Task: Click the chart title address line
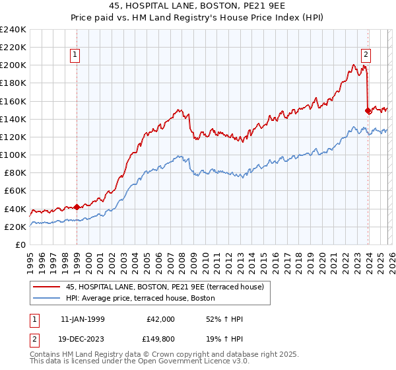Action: pos(197,5)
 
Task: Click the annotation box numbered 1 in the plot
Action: pos(77,55)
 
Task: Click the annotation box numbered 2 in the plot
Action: pos(366,55)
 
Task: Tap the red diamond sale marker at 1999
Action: pos(77,207)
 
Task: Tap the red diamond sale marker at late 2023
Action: pos(368,110)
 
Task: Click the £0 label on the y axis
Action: pos(20,244)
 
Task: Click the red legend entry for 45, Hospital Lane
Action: pos(164,287)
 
